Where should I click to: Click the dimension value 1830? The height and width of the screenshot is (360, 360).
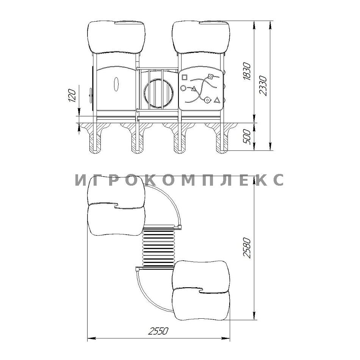pos(247,71)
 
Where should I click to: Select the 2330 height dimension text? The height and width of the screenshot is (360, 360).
pos(263,85)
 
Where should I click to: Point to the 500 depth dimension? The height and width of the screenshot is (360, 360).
pos(247,136)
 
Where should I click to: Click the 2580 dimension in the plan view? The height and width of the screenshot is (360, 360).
pos(247,248)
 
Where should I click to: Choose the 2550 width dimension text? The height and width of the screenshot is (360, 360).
pos(158,331)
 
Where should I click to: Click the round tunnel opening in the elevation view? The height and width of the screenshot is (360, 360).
pos(159,93)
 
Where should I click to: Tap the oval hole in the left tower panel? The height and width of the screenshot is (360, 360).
pos(116,84)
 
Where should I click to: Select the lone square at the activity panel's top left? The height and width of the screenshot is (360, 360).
pos(185,77)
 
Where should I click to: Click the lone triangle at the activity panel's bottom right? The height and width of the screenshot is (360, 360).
pos(217,100)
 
